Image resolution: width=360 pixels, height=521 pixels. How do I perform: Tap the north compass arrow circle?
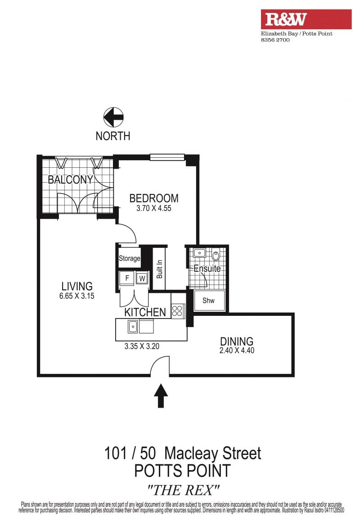click(x=113, y=117)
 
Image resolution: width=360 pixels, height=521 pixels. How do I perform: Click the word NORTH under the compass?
click(x=113, y=135)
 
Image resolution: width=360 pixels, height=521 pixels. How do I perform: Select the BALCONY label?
click(x=71, y=180)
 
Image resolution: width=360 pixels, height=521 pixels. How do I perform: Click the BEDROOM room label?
click(x=154, y=198)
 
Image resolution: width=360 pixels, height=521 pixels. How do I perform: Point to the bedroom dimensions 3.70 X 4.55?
click(x=154, y=208)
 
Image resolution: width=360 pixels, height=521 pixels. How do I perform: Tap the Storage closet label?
click(x=130, y=259)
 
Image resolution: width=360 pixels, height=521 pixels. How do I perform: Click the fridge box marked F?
click(x=127, y=278)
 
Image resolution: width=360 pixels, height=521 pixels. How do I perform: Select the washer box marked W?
click(x=142, y=278)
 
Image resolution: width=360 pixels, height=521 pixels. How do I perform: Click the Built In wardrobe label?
click(x=159, y=269)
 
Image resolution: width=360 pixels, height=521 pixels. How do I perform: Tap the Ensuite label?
click(x=207, y=269)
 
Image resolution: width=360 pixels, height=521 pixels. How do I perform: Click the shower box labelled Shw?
click(x=209, y=301)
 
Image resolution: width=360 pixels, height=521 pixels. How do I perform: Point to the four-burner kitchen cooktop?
click(x=178, y=311)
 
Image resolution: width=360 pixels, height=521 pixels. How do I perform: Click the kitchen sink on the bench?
click(x=133, y=326)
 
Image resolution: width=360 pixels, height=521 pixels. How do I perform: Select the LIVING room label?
click(x=77, y=286)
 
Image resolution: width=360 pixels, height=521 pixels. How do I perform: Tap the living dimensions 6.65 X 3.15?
click(x=77, y=296)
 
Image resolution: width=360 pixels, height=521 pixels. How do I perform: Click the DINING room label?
click(x=237, y=341)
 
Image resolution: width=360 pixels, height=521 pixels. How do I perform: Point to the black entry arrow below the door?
click(x=161, y=395)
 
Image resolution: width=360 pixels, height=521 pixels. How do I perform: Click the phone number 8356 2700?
click(x=275, y=40)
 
